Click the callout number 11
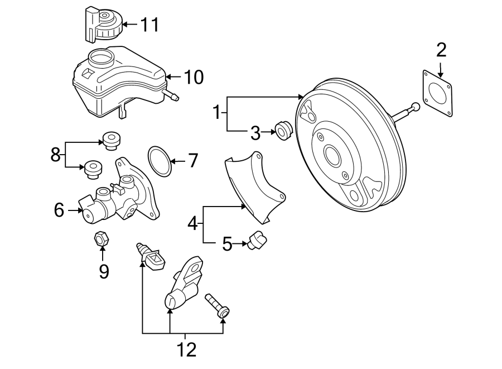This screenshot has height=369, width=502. click(149, 25)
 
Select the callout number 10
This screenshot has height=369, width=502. click(194, 77)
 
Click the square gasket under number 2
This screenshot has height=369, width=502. click(439, 94)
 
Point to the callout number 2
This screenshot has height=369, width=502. click(441, 51)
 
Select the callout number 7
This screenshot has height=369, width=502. click(192, 161)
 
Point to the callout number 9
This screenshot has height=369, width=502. click(103, 271)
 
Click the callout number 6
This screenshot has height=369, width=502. click(59, 210)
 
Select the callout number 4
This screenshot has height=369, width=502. click(193, 224)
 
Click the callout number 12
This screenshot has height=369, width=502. click(186, 350)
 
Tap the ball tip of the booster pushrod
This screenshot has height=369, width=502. click(416, 107)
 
